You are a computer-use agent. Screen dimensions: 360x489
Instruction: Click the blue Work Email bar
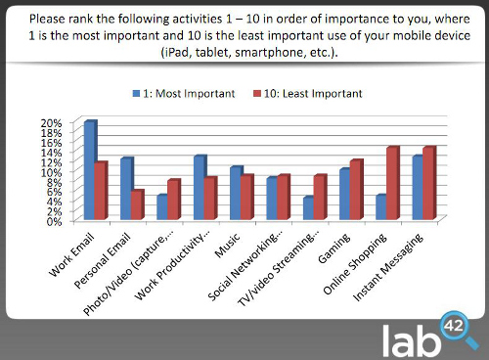click(89, 171)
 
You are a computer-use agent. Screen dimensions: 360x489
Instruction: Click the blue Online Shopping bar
click(380, 207)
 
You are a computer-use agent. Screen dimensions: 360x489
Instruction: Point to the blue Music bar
click(235, 194)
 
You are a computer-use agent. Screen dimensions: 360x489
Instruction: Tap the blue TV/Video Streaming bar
click(307, 208)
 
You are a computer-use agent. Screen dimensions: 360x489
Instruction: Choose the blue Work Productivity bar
click(199, 188)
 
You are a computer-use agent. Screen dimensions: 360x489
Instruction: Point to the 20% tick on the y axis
click(51, 122)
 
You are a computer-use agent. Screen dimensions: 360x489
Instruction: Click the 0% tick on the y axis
click(54, 220)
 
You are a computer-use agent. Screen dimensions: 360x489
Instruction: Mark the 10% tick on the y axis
click(51, 171)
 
